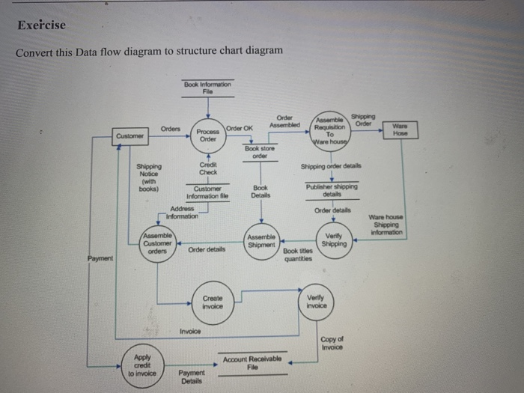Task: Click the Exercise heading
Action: pyautogui.click(x=41, y=25)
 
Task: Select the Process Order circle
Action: pyautogui.click(x=209, y=135)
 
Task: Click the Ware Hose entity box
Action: pyautogui.click(x=401, y=130)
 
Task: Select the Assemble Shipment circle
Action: pyautogui.click(x=261, y=243)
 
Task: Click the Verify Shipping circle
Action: pyautogui.click(x=334, y=240)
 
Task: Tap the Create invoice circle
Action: pyautogui.click(x=213, y=302)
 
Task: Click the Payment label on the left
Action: pyautogui.click(x=99, y=259)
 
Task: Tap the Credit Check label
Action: pyautogui.click(x=208, y=168)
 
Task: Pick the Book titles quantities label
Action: pyautogui.click(x=297, y=255)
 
